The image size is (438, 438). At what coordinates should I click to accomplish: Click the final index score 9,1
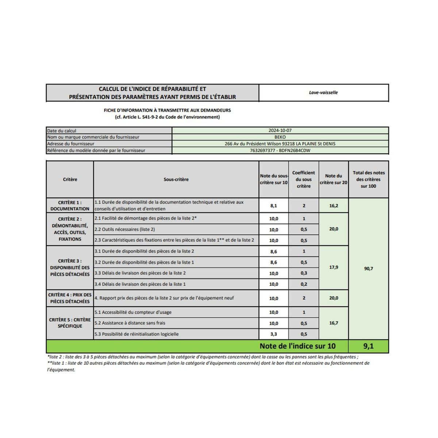(x=368, y=346)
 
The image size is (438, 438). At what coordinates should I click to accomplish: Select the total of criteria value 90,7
(x=368, y=269)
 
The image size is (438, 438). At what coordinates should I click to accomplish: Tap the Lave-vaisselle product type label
(x=323, y=93)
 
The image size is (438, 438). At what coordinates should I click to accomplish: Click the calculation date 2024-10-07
(x=280, y=130)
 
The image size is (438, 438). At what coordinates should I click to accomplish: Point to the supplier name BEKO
(x=280, y=137)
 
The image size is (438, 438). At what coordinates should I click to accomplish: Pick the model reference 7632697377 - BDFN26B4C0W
(x=280, y=150)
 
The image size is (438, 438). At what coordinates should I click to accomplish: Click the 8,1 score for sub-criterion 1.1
(x=273, y=206)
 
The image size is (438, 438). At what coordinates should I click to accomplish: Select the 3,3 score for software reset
(x=273, y=334)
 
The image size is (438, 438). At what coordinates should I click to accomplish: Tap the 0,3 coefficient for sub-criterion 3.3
(x=304, y=273)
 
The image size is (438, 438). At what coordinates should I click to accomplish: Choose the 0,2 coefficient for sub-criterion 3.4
(x=304, y=284)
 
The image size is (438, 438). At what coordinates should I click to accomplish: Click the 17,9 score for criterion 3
(x=334, y=268)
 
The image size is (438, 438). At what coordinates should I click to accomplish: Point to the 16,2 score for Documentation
(x=334, y=206)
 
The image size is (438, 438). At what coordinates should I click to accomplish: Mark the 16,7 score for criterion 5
(x=334, y=323)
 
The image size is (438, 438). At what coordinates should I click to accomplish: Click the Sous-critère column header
(x=176, y=180)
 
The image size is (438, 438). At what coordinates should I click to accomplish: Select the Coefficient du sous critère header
(x=304, y=179)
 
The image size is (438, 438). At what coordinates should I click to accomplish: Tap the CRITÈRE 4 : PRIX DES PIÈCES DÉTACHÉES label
(x=70, y=298)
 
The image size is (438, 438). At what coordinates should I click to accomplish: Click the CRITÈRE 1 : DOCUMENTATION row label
(x=70, y=205)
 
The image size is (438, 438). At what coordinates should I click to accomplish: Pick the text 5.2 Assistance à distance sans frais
(x=130, y=323)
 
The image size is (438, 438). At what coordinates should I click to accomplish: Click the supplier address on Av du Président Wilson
(x=280, y=144)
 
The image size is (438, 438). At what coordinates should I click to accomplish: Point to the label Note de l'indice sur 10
(x=297, y=346)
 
